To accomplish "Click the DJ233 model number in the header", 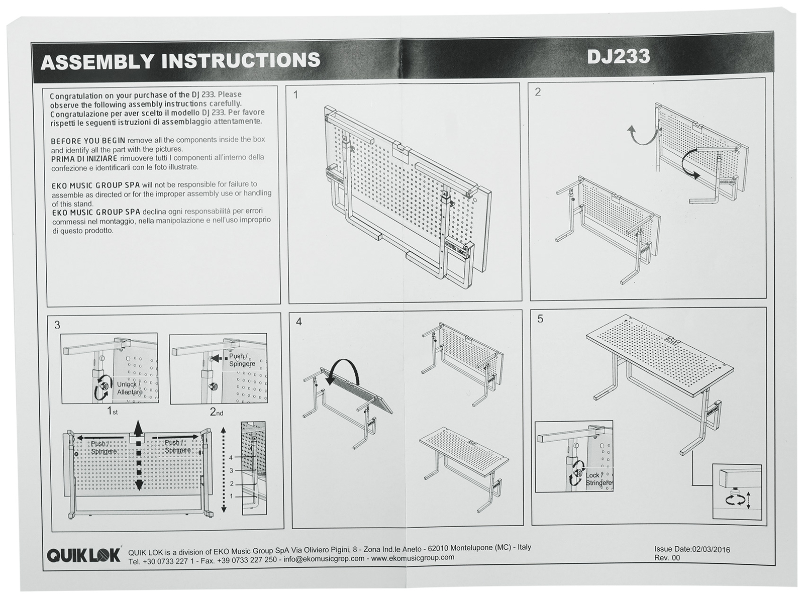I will click(618, 56).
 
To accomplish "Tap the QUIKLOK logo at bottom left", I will click(84, 555).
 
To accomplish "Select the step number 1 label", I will click(296, 94).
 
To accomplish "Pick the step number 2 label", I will click(538, 92).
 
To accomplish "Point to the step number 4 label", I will click(299, 322).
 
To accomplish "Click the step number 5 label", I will click(541, 319).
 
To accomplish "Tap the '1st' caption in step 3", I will click(112, 411).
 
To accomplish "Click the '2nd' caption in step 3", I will click(216, 412).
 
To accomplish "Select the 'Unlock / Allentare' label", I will click(129, 388).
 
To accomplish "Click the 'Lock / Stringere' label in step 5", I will click(598, 479).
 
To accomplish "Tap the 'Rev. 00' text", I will click(667, 558).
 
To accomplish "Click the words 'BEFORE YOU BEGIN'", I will click(87, 141).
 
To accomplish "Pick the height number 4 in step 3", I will click(231, 458).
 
